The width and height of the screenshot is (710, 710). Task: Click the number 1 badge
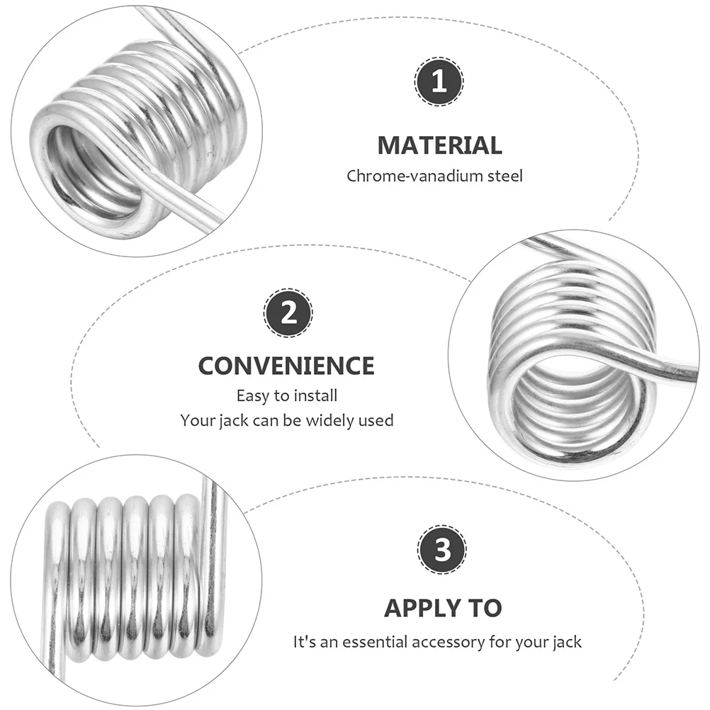(439, 83)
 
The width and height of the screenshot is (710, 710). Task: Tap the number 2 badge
(288, 312)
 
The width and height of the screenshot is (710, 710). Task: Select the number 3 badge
(442, 550)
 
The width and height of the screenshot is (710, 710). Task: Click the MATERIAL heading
(439, 145)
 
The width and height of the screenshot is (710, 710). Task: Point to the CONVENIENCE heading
(286, 366)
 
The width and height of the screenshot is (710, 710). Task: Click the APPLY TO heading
(443, 608)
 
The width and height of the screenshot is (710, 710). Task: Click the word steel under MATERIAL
(504, 176)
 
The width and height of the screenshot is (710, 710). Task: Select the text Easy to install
(286, 395)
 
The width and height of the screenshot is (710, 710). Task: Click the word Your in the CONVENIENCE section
(196, 420)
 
